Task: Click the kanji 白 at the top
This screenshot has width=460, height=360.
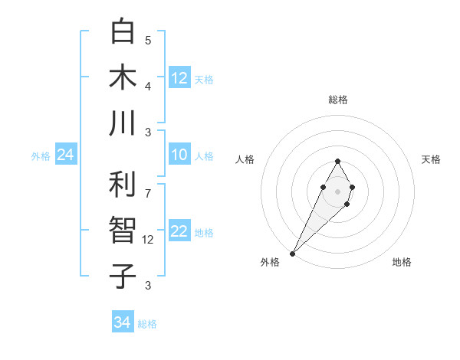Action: (x=123, y=31)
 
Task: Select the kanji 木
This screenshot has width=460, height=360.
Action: (x=123, y=77)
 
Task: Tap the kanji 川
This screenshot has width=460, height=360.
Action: (x=123, y=123)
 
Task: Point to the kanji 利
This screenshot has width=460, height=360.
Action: (x=123, y=184)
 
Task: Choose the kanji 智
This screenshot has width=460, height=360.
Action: (x=123, y=230)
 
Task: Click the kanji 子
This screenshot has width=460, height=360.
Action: (x=123, y=275)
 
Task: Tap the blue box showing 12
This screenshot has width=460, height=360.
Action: (x=179, y=77)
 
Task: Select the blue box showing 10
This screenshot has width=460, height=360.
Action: (x=179, y=155)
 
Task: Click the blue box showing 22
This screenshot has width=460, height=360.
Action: (x=179, y=231)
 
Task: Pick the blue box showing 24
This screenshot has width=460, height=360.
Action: (x=65, y=155)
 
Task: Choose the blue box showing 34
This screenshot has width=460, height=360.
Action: (x=122, y=322)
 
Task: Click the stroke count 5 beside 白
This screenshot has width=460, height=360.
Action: (x=148, y=40)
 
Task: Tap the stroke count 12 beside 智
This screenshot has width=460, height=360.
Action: (x=149, y=239)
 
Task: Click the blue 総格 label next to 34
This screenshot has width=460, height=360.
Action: (x=147, y=324)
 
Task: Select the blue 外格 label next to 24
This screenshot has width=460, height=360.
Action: (x=41, y=156)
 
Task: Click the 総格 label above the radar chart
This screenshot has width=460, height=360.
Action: (x=337, y=100)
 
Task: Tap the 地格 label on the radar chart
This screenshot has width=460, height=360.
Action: (x=402, y=262)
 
